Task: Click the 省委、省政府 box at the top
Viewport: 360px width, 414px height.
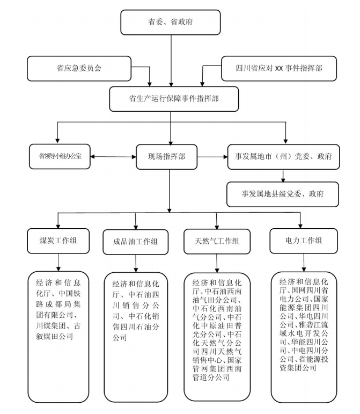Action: pyautogui.click(x=171, y=23)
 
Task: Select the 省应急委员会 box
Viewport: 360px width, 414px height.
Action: pyautogui.click(x=79, y=68)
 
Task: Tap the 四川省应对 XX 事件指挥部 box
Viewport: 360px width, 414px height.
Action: pyautogui.click(x=279, y=68)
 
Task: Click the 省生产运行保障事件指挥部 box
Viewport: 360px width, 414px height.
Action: pyautogui.click(x=174, y=99)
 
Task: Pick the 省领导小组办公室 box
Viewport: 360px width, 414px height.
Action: pyautogui.click(x=60, y=157)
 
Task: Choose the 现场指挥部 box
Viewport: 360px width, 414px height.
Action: pyautogui.click(x=167, y=157)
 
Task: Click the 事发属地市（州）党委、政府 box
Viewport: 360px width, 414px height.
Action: pyautogui.click(x=283, y=157)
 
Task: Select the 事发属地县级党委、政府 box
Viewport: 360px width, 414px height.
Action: pyautogui.click(x=283, y=194)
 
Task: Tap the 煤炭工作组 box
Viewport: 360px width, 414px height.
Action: pyautogui.click(x=58, y=241)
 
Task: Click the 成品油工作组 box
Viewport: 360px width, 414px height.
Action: pyautogui.click(x=136, y=242)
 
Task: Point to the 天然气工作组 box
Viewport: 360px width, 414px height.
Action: pyautogui.click(x=217, y=241)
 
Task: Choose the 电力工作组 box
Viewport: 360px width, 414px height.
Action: pyautogui.click(x=304, y=241)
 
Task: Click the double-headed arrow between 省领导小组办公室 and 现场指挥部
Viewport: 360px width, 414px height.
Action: pyautogui.click(x=113, y=157)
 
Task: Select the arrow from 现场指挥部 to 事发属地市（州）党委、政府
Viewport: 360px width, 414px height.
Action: pyautogui.click(x=212, y=157)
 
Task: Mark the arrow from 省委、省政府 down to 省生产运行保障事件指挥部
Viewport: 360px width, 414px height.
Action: pyautogui.click(x=171, y=61)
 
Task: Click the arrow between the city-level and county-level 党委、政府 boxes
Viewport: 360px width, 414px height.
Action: pyautogui.click(x=283, y=176)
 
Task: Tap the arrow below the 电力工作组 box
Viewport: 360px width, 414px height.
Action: pyautogui.click(x=304, y=263)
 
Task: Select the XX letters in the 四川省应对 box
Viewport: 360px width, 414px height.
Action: pyautogui.click(x=279, y=68)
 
